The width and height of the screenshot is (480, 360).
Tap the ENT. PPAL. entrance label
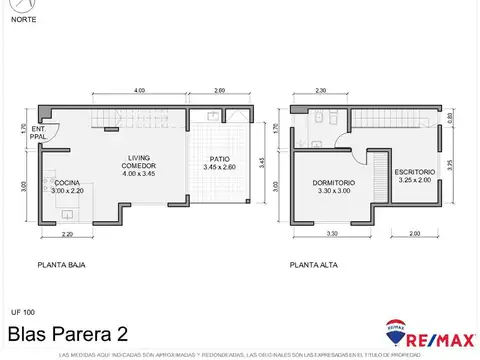click(38, 133)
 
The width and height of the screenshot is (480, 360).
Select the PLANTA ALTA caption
click(311, 266)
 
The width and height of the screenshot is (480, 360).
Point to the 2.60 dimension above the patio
click(220, 91)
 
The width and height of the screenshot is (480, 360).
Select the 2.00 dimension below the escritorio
click(414, 235)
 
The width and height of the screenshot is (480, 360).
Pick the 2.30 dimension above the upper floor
click(320, 91)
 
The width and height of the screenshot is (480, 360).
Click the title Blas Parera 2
click(66, 332)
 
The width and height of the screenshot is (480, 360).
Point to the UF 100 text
click(21, 313)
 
